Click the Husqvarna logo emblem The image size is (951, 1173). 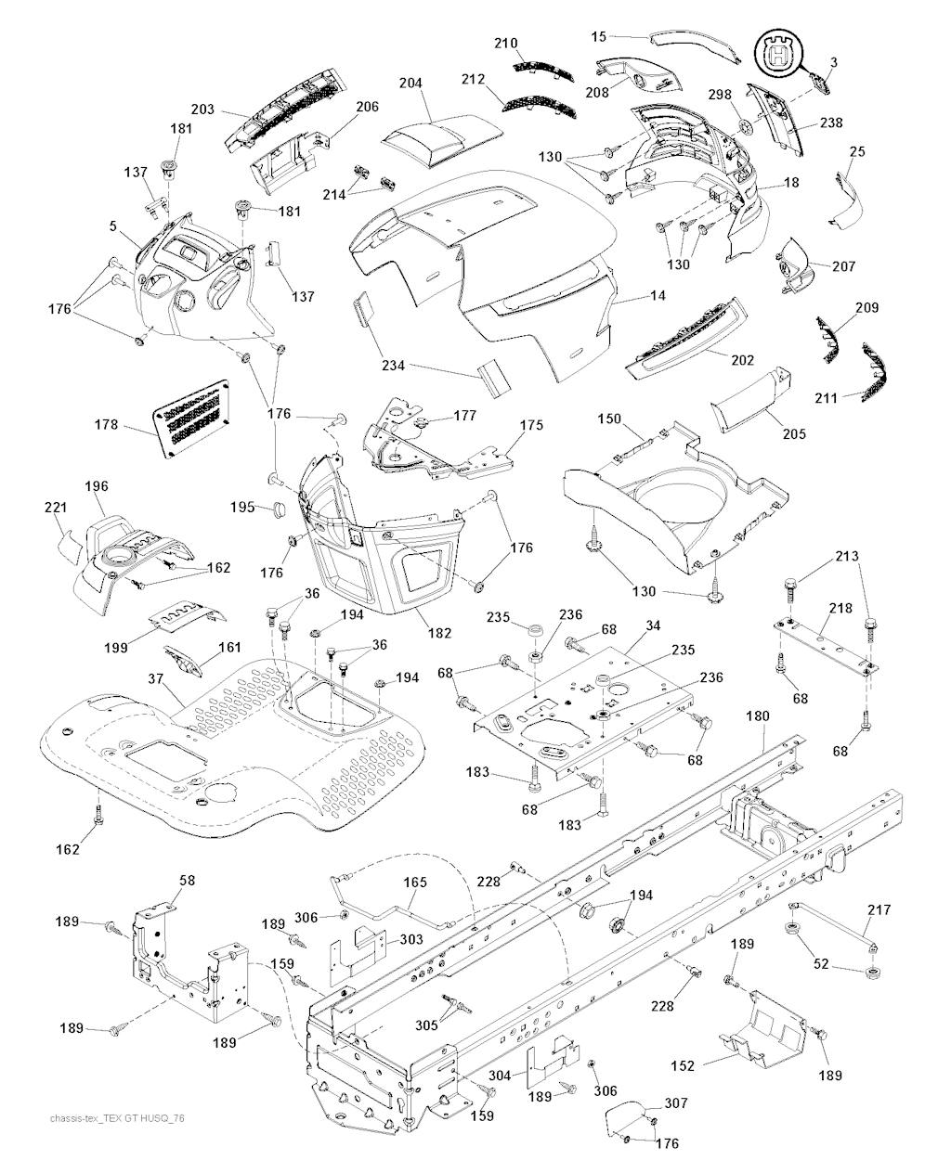pos(778,53)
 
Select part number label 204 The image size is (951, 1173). pos(410,84)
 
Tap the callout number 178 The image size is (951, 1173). pos(107,425)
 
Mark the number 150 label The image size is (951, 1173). pos(609,420)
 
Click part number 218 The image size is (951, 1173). pos(840,608)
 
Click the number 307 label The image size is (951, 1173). pos(676,1103)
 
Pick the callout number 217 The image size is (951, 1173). pos(879,909)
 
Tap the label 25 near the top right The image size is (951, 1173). pos(857,150)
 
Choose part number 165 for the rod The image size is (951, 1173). pos(414,883)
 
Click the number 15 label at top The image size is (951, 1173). pos(599,36)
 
